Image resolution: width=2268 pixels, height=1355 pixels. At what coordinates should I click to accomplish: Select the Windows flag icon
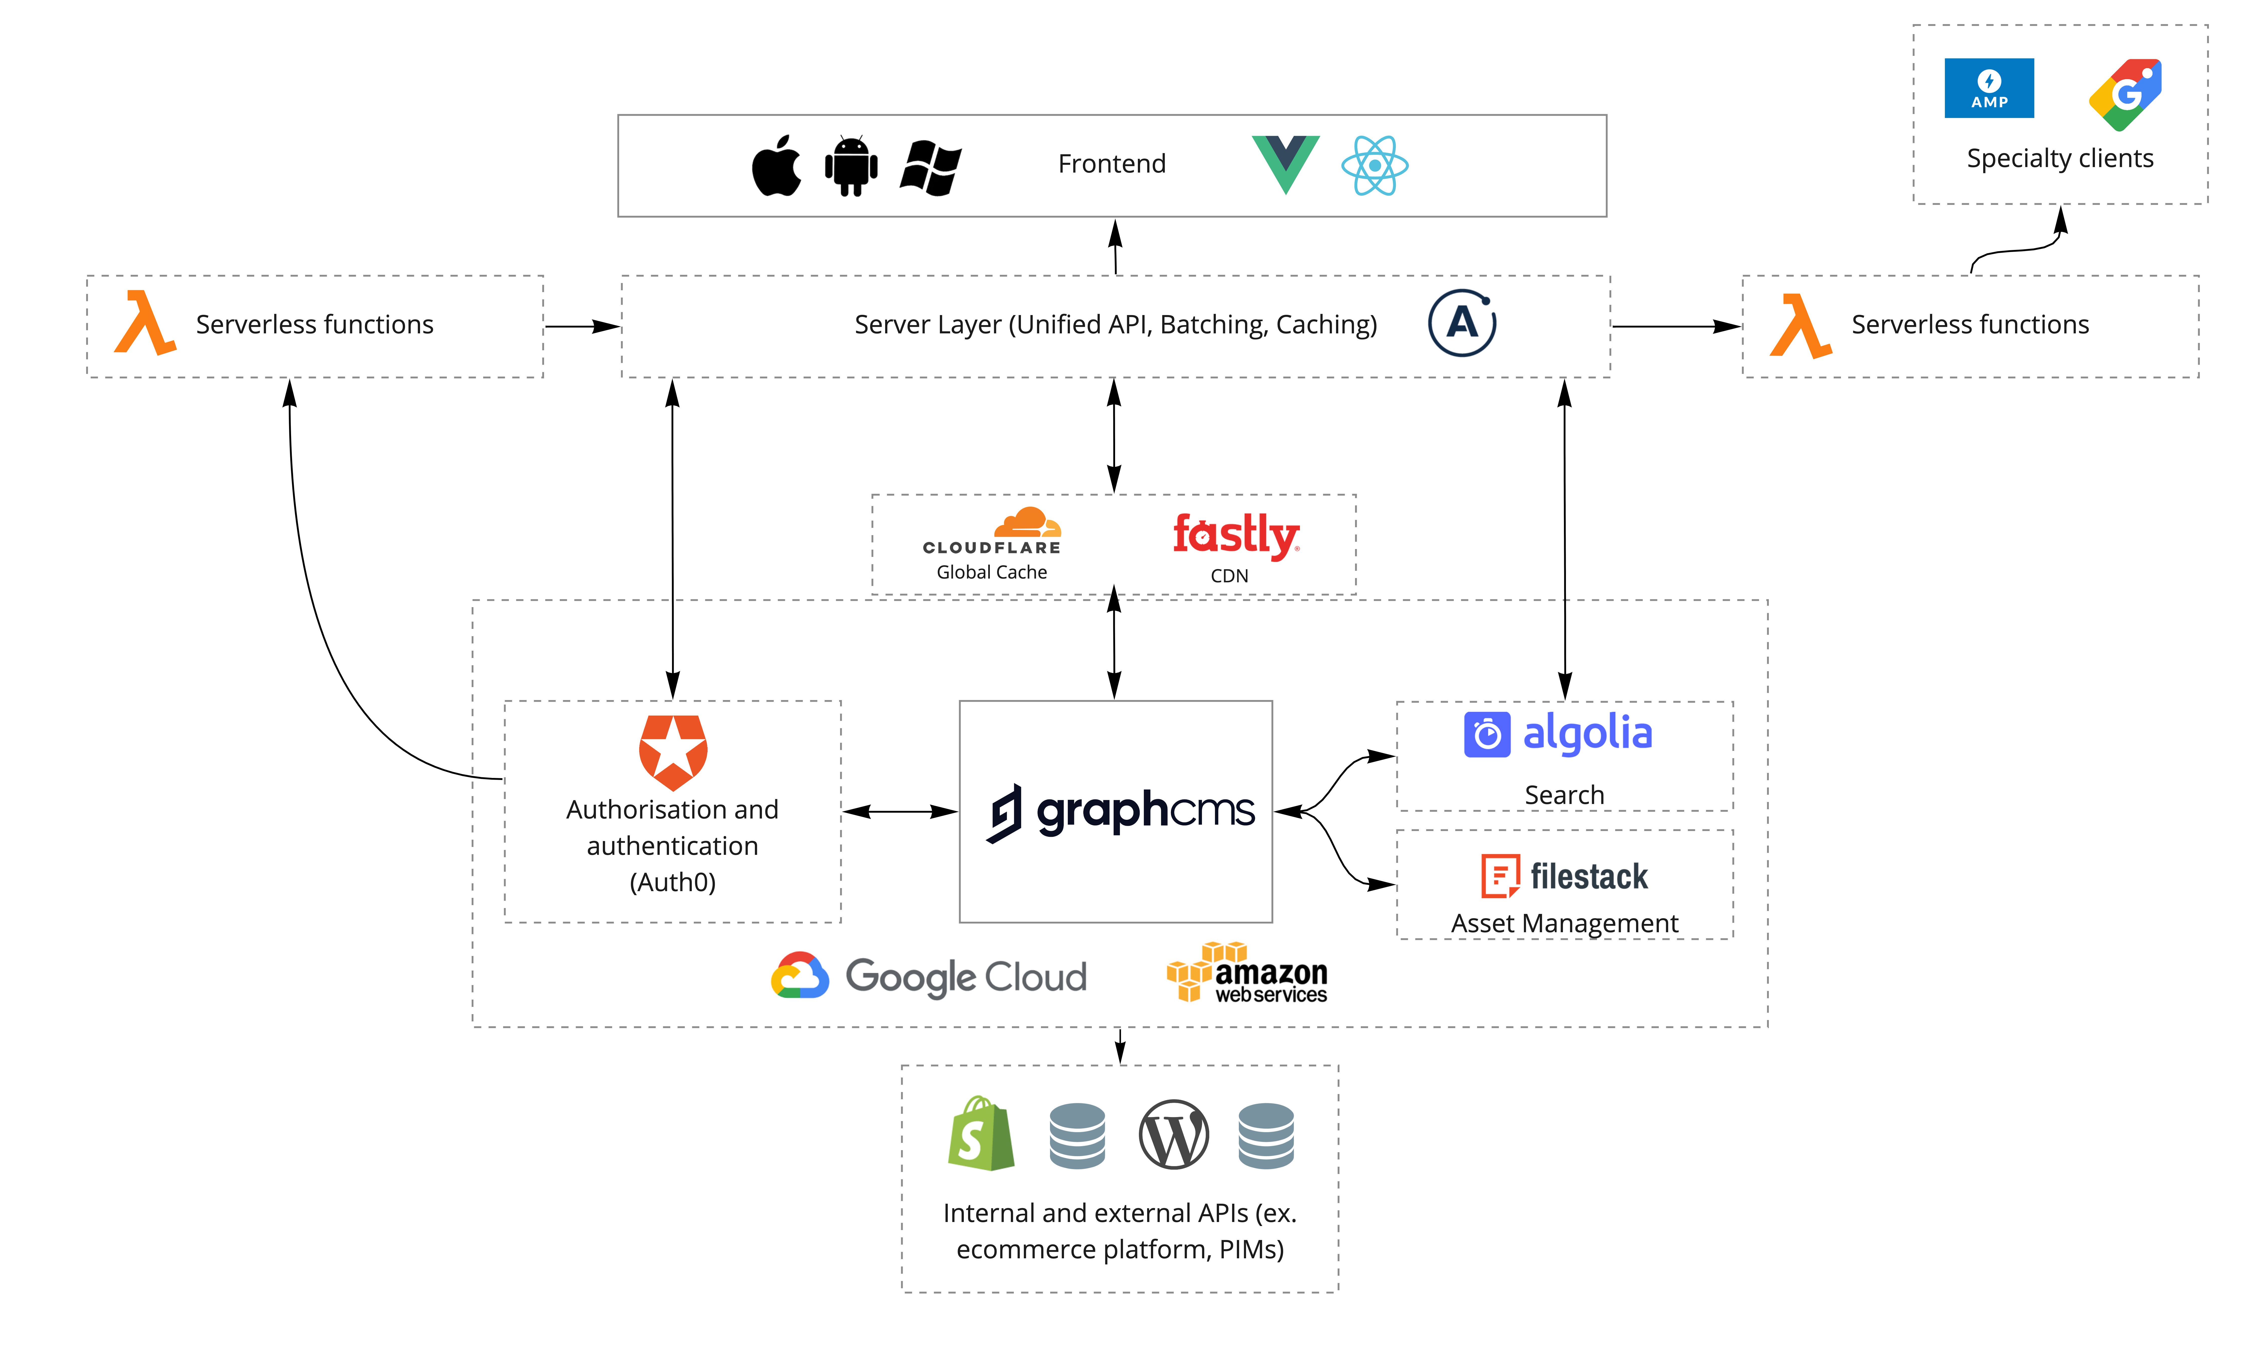(930, 167)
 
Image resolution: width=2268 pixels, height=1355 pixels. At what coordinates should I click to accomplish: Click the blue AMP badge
(1989, 89)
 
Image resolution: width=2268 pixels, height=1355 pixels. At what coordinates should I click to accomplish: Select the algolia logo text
(1587, 733)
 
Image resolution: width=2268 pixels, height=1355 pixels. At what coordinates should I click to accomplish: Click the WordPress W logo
(1173, 1135)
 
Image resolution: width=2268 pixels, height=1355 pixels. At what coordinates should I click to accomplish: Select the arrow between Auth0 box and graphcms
(899, 811)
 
